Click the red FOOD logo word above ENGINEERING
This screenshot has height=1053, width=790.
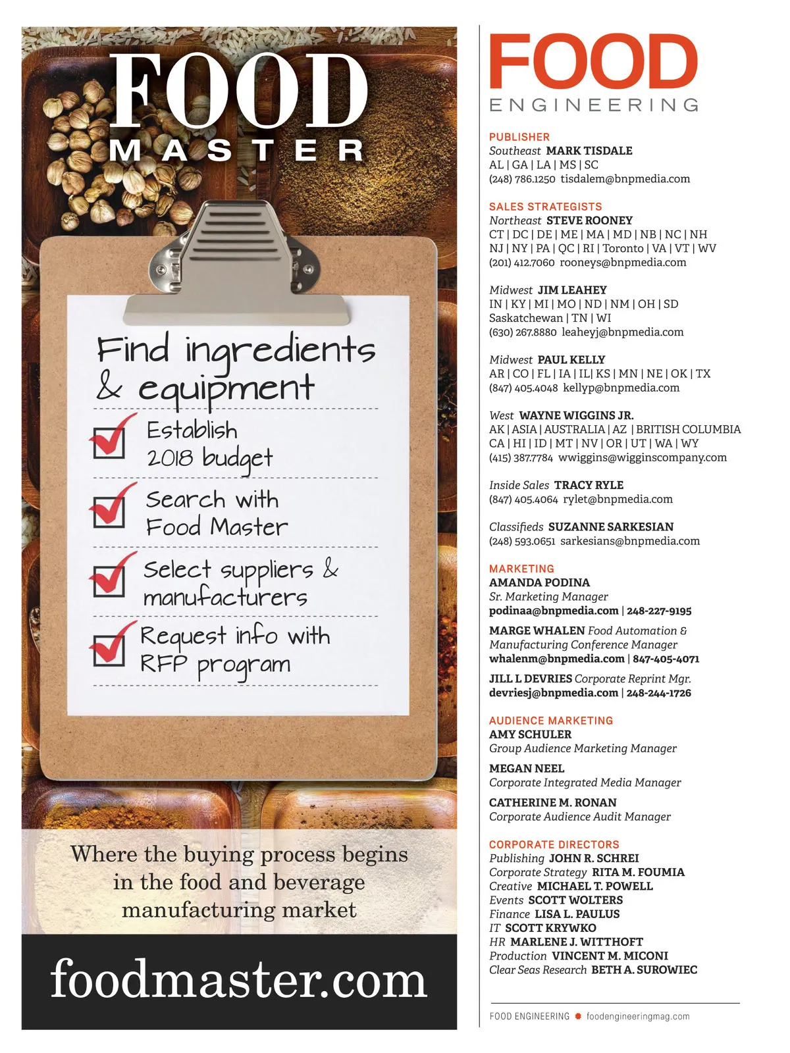coord(593,61)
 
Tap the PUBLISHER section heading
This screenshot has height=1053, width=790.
coord(519,137)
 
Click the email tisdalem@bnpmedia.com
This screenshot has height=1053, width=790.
coord(625,179)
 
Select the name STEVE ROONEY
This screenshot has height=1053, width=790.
coord(589,220)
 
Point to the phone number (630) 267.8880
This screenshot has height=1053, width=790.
coord(523,332)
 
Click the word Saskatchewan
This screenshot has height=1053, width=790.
coord(526,318)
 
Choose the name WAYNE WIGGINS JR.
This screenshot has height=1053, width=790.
coord(576,415)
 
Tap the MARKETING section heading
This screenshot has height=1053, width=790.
coord(522,569)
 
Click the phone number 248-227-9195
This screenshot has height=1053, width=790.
coord(659,611)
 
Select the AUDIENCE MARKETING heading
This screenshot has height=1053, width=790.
coord(551,720)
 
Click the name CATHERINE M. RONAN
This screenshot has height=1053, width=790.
coord(552,802)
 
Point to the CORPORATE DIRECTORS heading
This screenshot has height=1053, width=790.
coord(554,844)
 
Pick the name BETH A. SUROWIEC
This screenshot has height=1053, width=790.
coord(645,969)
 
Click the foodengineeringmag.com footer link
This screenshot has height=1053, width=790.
coord(638,1016)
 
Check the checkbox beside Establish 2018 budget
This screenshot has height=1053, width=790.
coord(109,442)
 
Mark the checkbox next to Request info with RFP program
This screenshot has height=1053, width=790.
coord(109,650)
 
